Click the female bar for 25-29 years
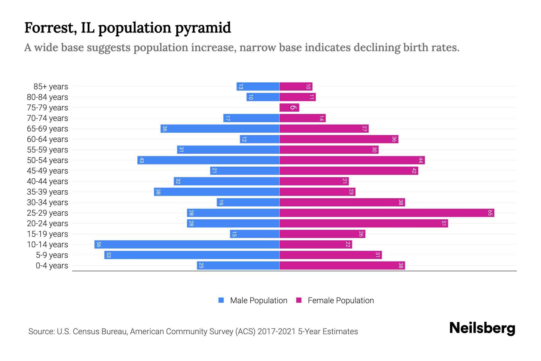click(387, 213)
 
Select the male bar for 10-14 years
click(187, 245)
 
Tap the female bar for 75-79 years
click(289, 108)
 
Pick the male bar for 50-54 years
click(208, 160)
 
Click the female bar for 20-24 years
click(364, 224)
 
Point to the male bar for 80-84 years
click(263, 97)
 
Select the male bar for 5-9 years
click(192, 255)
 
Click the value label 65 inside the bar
click(490, 213)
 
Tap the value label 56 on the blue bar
click(99, 245)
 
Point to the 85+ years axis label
click(51, 87)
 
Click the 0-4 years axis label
click(52, 266)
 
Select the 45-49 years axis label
click(47, 171)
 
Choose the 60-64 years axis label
click(47, 139)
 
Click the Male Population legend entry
click(258, 301)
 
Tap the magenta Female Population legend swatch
click(299, 300)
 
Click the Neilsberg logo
click(482, 328)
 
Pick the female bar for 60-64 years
click(339, 139)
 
